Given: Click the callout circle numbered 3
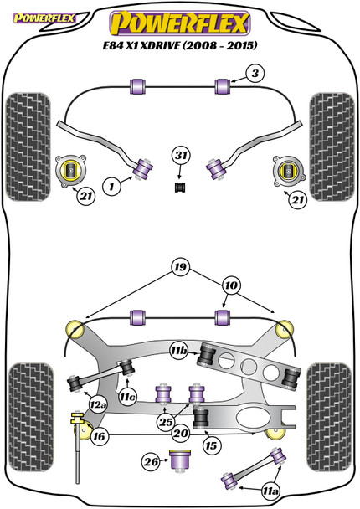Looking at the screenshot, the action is coord(255,74).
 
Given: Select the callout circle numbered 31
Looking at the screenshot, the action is coord(181,156).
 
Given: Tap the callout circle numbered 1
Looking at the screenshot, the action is coord(111,187).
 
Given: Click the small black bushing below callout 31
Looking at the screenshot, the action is coord(180,188).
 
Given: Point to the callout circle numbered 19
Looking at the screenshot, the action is coord(180,267).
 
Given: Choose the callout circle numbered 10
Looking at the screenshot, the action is coord(231,285).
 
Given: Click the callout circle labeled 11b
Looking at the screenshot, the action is coord(179,350).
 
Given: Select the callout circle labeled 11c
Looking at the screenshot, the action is coord(127,396).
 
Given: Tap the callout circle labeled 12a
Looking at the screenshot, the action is coord(98,405).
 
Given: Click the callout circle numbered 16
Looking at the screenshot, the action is coord(99,436).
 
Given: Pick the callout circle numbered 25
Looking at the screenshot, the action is coord(166,422).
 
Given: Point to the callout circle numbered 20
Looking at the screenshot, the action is coord(181,433).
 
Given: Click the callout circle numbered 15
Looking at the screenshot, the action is coord(211,445).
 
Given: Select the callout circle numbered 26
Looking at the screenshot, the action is coord(151,461).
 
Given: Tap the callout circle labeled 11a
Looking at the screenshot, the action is coord(270,491).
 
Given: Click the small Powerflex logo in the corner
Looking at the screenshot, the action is coord(44,18).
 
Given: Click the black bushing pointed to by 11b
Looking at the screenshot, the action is coord(207,354).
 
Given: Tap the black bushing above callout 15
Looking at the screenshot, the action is coord(201,418).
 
